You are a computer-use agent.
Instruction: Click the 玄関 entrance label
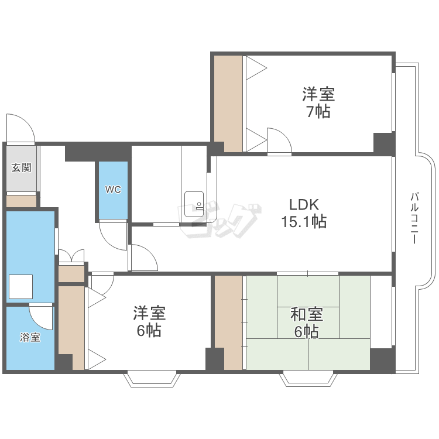coord(21,168)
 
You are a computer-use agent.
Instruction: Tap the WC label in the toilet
coord(113,190)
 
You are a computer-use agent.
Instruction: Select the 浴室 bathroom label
coord(30,337)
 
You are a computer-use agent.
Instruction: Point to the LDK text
coord(304,205)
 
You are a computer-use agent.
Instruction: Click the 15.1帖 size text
coord(304,221)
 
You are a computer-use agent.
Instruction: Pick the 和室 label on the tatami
coord(307,314)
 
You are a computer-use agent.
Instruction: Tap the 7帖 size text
coord(318,111)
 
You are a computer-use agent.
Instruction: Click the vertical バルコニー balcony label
coord(414,218)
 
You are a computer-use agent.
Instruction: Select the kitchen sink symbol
coord(194,204)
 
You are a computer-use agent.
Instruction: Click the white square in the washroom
coord(20,287)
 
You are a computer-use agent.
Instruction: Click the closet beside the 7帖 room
coord(228,104)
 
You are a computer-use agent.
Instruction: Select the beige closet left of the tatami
coord(228,323)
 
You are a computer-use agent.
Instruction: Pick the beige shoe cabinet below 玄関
coord(21,201)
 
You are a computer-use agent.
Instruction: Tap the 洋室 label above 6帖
coord(149,313)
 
